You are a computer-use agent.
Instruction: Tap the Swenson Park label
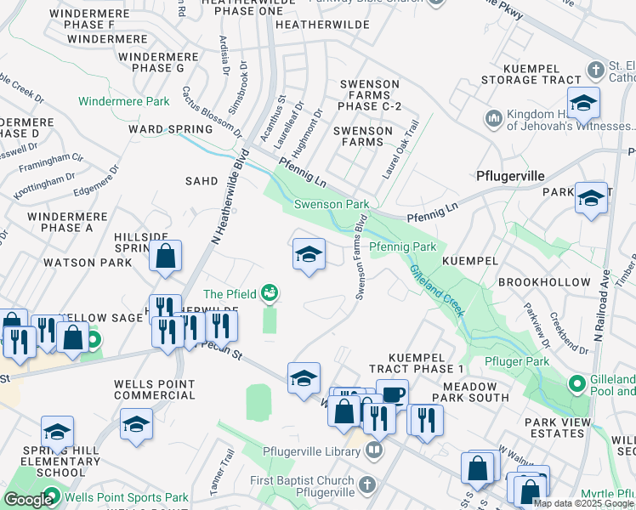[332, 204]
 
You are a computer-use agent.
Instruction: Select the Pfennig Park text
[402, 246]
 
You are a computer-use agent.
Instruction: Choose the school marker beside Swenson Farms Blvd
[309, 254]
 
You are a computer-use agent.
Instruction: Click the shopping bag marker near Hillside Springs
[166, 256]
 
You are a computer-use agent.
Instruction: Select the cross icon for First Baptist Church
[366, 484]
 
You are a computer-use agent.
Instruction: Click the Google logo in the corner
[28, 499]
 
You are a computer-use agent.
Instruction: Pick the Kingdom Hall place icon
[493, 116]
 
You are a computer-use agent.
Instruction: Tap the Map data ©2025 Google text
[584, 502]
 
